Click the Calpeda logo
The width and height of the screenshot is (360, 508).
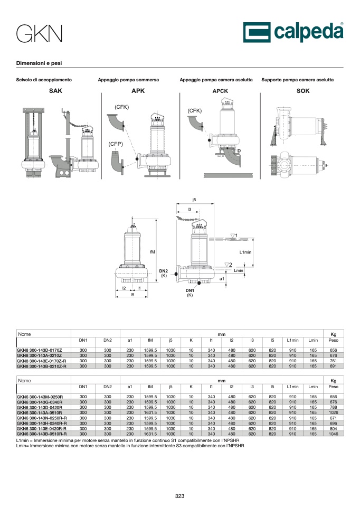click(x=293, y=32)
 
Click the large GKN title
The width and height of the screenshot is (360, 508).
click(x=39, y=34)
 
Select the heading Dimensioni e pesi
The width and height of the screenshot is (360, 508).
click(x=39, y=63)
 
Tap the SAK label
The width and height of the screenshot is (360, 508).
click(x=55, y=91)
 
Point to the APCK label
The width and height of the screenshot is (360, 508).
click(x=220, y=91)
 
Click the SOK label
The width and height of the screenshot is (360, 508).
click(x=303, y=91)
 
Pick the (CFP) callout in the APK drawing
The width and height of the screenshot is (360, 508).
click(x=116, y=144)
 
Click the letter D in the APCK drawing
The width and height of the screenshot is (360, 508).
click(x=239, y=150)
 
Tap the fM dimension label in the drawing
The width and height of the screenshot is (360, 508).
click(x=153, y=252)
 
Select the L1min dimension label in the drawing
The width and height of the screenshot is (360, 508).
click(x=245, y=252)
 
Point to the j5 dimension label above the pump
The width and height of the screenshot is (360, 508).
click(x=194, y=200)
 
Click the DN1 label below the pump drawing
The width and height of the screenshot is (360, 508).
click(x=190, y=290)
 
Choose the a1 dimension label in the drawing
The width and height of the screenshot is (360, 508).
click(x=222, y=279)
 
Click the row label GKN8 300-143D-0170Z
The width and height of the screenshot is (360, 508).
click(x=39, y=350)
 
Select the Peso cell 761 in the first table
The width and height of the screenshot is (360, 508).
click(x=334, y=361)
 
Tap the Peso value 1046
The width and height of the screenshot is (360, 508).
click(x=334, y=434)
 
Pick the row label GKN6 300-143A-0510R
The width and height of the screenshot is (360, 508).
click(x=39, y=412)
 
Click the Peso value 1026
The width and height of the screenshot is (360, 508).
click(x=334, y=412)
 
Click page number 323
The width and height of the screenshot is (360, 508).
click(x=179, y=496)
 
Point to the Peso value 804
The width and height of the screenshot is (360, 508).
click(x=334, y=429)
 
